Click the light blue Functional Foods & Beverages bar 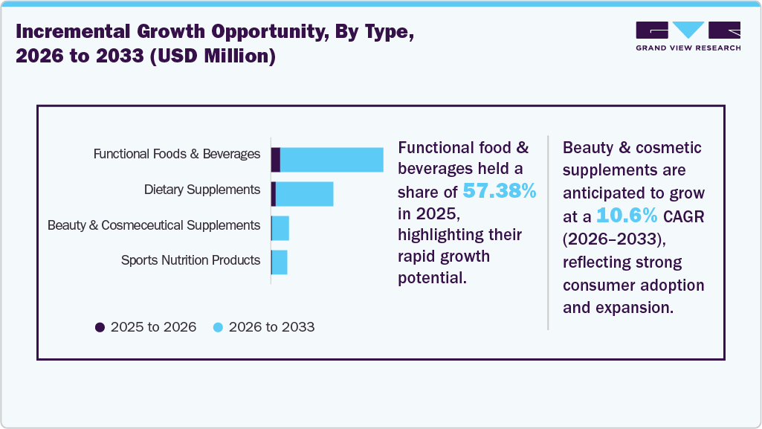[x=332, y=160]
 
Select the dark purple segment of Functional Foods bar [x=275, y=160]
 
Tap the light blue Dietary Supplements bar [x=304, y=194]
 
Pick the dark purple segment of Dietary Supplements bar [x=274, y=194]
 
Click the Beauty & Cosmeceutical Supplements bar [x=280, y=228]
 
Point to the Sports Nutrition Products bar [x=280, y=262]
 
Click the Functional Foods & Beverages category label [x=176, y=155]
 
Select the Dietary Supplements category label [x=202, y=190]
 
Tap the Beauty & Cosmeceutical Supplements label [x=154, y=225]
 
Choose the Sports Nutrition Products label [x=190, y=260]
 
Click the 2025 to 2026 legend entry [x=146, y=327]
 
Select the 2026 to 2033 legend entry [x=264, y=327]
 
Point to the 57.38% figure [x=499, y=192]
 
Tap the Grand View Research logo [x=688, y=35]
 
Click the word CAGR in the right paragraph [x=685, y=218]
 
